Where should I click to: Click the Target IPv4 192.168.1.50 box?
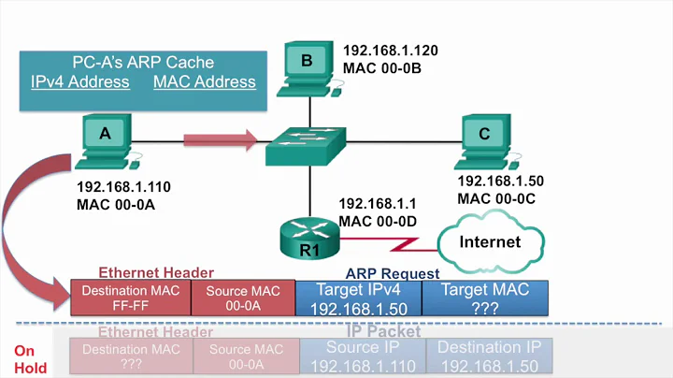pos(358,298)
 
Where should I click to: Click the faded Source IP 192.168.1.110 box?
pos(358,356)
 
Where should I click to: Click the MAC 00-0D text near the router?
pos(376,220)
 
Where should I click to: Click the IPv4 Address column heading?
pos(79,81)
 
